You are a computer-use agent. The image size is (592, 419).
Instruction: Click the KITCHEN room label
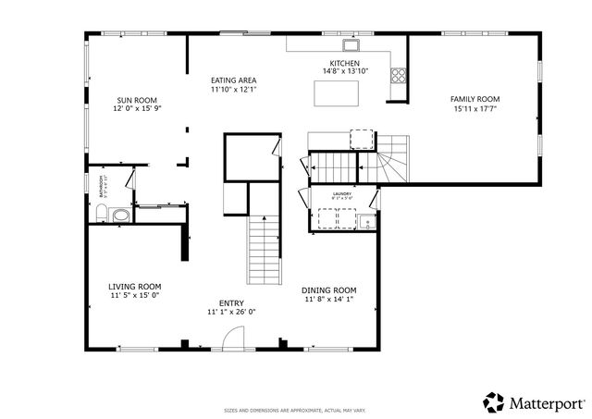pos(345,63)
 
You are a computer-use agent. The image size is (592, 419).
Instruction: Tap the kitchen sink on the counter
pos(351,44)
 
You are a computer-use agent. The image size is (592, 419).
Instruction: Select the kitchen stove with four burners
pos(398,78)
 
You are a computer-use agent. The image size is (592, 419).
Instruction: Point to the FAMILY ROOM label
pos(475,99)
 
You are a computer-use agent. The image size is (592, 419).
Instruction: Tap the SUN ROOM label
pos(136,99)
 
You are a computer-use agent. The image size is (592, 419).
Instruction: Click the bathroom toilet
pos(102,215)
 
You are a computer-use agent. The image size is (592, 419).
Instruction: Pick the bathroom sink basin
pos(120,216)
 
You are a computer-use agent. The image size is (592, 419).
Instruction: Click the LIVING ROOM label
pos(135,287)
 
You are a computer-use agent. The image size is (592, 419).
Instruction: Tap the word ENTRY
pos(231,303)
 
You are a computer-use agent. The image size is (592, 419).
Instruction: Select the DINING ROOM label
pos(329,290)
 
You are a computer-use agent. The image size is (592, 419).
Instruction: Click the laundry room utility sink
pos(367,220)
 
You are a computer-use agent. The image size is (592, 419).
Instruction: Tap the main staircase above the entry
pos(264,250)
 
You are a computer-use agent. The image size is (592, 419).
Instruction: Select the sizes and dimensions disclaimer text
pos(295,410)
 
